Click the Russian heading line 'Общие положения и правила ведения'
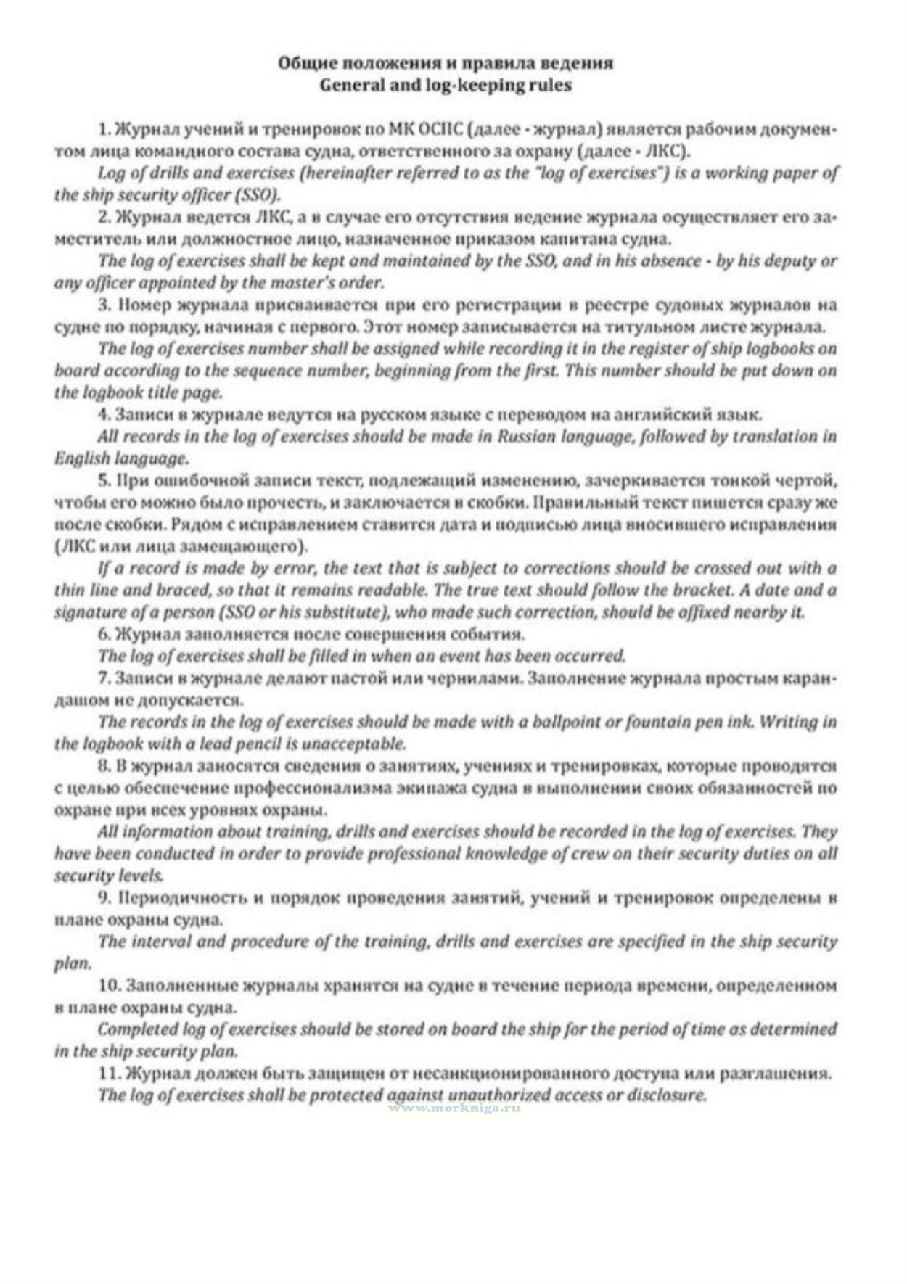tap(446, 63)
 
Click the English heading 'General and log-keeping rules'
tap(446, 85)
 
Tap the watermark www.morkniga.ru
tap(454, 1108)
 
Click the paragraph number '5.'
tap(104, 480)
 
